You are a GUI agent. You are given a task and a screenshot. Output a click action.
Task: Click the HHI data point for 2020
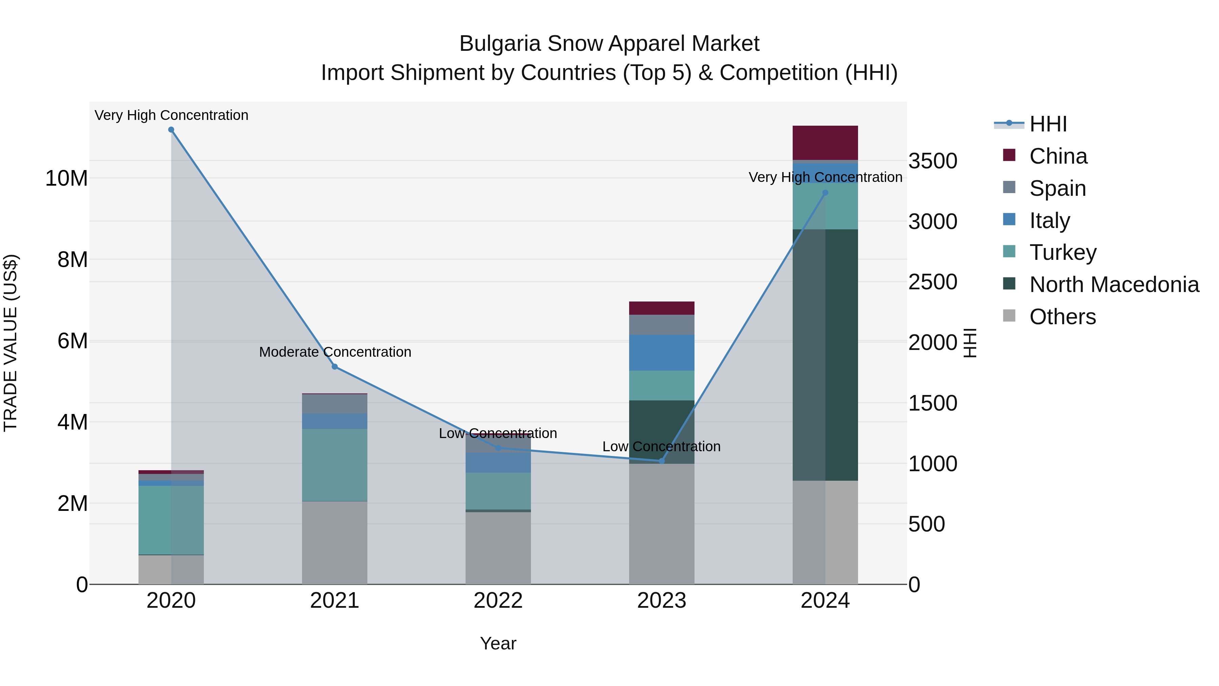point(171,130)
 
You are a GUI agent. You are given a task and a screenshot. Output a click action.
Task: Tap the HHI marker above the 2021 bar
point(335,367)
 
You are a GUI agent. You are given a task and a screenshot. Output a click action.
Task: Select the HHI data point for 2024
point(825,193)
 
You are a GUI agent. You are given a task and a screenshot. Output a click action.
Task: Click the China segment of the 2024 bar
point(825,143)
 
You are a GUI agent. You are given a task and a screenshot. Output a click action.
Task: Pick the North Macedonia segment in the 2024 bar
point(825,355)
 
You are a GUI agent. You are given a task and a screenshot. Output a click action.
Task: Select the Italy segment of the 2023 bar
point(662,353)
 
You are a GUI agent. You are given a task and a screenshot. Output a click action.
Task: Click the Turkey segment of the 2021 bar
point(335,465)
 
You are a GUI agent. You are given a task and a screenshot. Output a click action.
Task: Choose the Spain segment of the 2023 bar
point(662,325)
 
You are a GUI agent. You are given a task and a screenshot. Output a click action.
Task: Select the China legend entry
point(1058,156)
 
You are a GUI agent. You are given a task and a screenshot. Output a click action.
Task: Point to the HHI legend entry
point(1048,124)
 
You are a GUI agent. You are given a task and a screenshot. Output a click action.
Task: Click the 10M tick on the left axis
point(66,179)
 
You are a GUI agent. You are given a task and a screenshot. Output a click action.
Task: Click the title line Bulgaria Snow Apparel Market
point(609,44)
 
